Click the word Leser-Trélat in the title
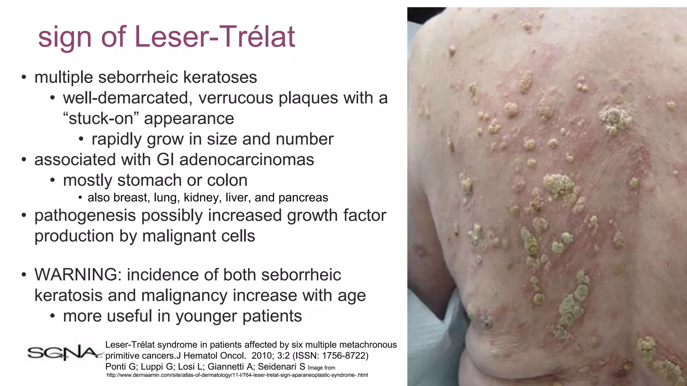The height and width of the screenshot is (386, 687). (x=215, y=37)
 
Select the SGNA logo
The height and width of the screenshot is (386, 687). (x=64, y=352)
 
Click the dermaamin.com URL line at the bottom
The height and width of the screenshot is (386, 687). (x=237, y=375)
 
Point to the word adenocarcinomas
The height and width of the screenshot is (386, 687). (x=247, y=159)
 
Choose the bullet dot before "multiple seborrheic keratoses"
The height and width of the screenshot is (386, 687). (x=23, y=78)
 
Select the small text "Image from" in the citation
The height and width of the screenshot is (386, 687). (x=321, y=368)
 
